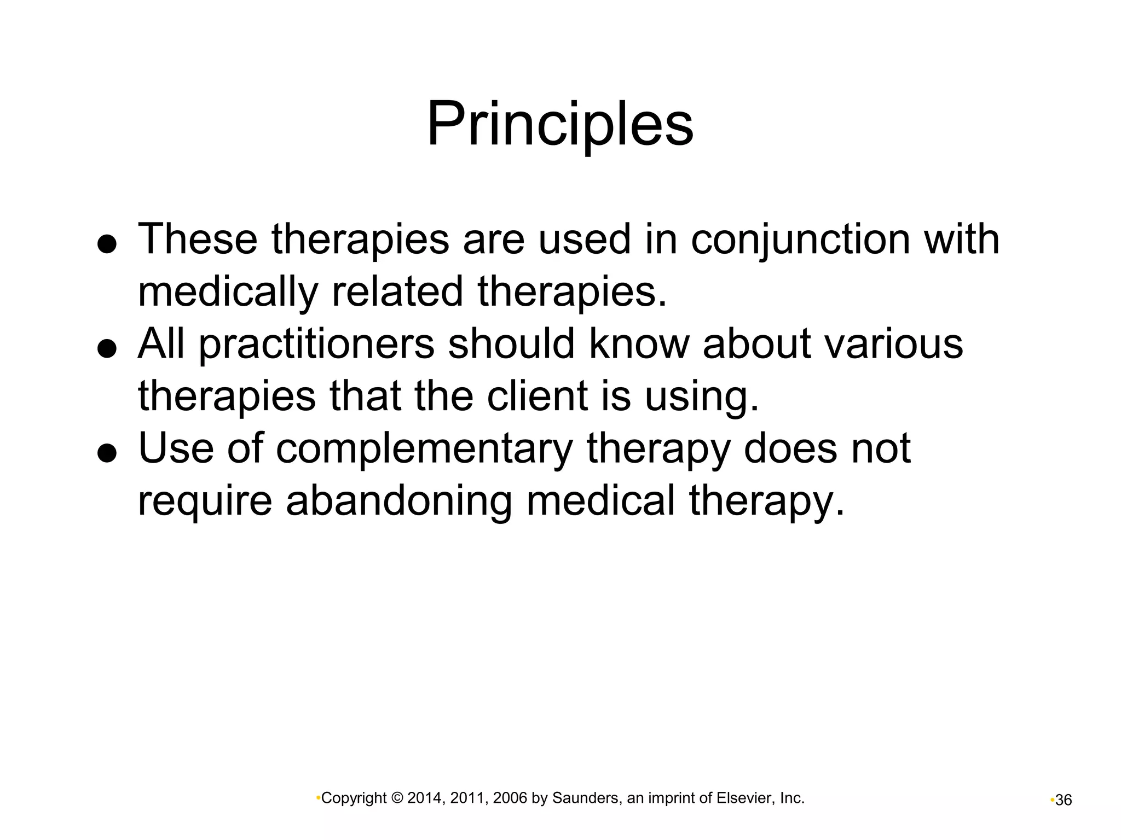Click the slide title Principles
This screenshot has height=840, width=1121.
pos(560,124)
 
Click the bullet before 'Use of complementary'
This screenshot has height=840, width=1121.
pos(107,453)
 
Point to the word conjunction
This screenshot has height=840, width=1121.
pos(800,241)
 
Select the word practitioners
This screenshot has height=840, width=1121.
pos(316,345)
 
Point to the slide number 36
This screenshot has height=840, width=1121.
pos(1064,800)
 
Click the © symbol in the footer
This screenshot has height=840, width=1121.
pos(397,798)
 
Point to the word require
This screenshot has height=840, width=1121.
pos(205,501)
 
